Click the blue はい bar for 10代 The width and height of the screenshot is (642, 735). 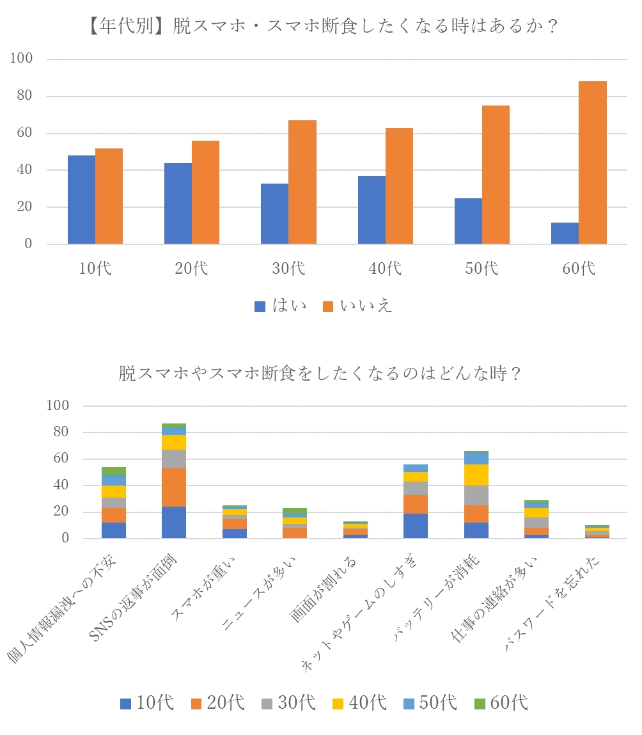click(x=81, y=200)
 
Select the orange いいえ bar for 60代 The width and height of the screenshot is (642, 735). click(x=593, y=162)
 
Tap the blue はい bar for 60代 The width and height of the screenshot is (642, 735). click(x=565, y=233)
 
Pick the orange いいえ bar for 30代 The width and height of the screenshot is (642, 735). click(x=302, y=182)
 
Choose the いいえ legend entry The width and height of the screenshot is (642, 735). click(x=357, y=306)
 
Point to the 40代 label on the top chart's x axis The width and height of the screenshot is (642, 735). click(x=386, y=268)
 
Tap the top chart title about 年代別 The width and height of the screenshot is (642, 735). click(x=320, y=28)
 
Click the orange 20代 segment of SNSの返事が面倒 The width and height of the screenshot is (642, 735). click(x=174, y=487)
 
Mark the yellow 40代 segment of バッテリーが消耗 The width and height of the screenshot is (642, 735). click(x=476, y=475)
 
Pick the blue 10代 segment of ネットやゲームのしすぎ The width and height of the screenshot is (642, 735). click(x=416, y=525)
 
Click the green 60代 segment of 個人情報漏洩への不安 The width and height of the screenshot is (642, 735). click(x=113, y=471)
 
